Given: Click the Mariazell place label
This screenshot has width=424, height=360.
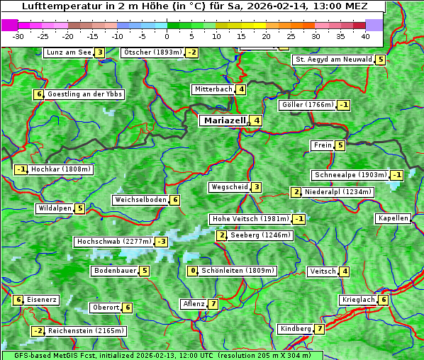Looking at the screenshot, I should click(224, 120).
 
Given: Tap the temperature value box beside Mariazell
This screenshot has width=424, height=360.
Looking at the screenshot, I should click(256, 120).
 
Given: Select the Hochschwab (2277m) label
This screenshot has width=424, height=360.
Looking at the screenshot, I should click(114, 242).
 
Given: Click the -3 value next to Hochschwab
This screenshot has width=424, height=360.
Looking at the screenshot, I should click(162, 242).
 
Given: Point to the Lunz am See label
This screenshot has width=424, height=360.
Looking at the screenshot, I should click(68, 52).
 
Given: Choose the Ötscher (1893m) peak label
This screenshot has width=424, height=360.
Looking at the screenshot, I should click(152, 52).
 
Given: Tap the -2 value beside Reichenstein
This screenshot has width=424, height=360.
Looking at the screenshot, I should click(38, 331).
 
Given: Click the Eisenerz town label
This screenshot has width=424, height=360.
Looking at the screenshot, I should click(41, 300).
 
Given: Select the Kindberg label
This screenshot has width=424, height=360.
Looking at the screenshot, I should click(296, 329).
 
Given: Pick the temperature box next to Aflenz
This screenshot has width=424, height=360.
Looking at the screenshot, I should click(213, 304).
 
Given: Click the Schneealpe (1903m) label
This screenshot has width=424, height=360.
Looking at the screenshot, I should click(350, 175).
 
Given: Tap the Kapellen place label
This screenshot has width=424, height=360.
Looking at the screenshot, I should click(393, 218).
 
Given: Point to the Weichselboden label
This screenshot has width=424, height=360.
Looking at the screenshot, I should click(140, 200).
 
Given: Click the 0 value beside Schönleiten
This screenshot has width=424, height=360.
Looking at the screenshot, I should click(192, 271).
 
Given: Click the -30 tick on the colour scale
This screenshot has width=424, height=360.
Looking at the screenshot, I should click(18, 35).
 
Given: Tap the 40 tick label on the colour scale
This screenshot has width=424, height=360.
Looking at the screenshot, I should click(365, 35).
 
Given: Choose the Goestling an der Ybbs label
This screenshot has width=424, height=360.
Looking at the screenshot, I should click(84, 94).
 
